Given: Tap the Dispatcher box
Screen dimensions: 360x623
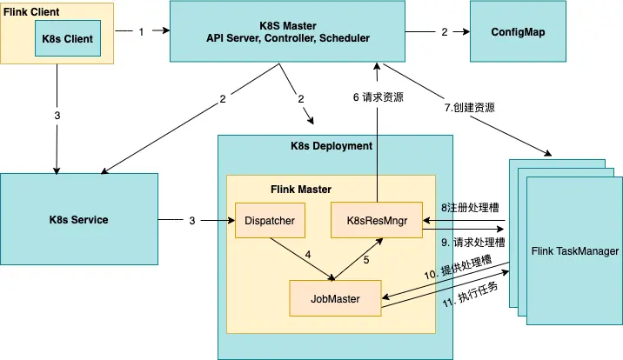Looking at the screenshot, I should click(271, 221).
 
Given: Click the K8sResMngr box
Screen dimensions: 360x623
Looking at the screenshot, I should click(376, 221).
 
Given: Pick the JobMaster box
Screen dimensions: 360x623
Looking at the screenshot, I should click(335, 298).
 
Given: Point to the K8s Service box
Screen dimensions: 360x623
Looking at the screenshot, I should click(78, 220).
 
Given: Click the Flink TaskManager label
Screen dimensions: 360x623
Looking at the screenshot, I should click(574, 251).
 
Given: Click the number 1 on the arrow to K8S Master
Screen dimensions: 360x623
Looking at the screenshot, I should click(141, 31).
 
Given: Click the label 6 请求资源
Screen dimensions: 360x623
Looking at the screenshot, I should click(378, 97).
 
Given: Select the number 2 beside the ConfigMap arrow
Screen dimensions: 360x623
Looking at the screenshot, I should click(445, 31).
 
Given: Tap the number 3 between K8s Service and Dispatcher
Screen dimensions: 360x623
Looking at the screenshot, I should click(192, 221).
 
